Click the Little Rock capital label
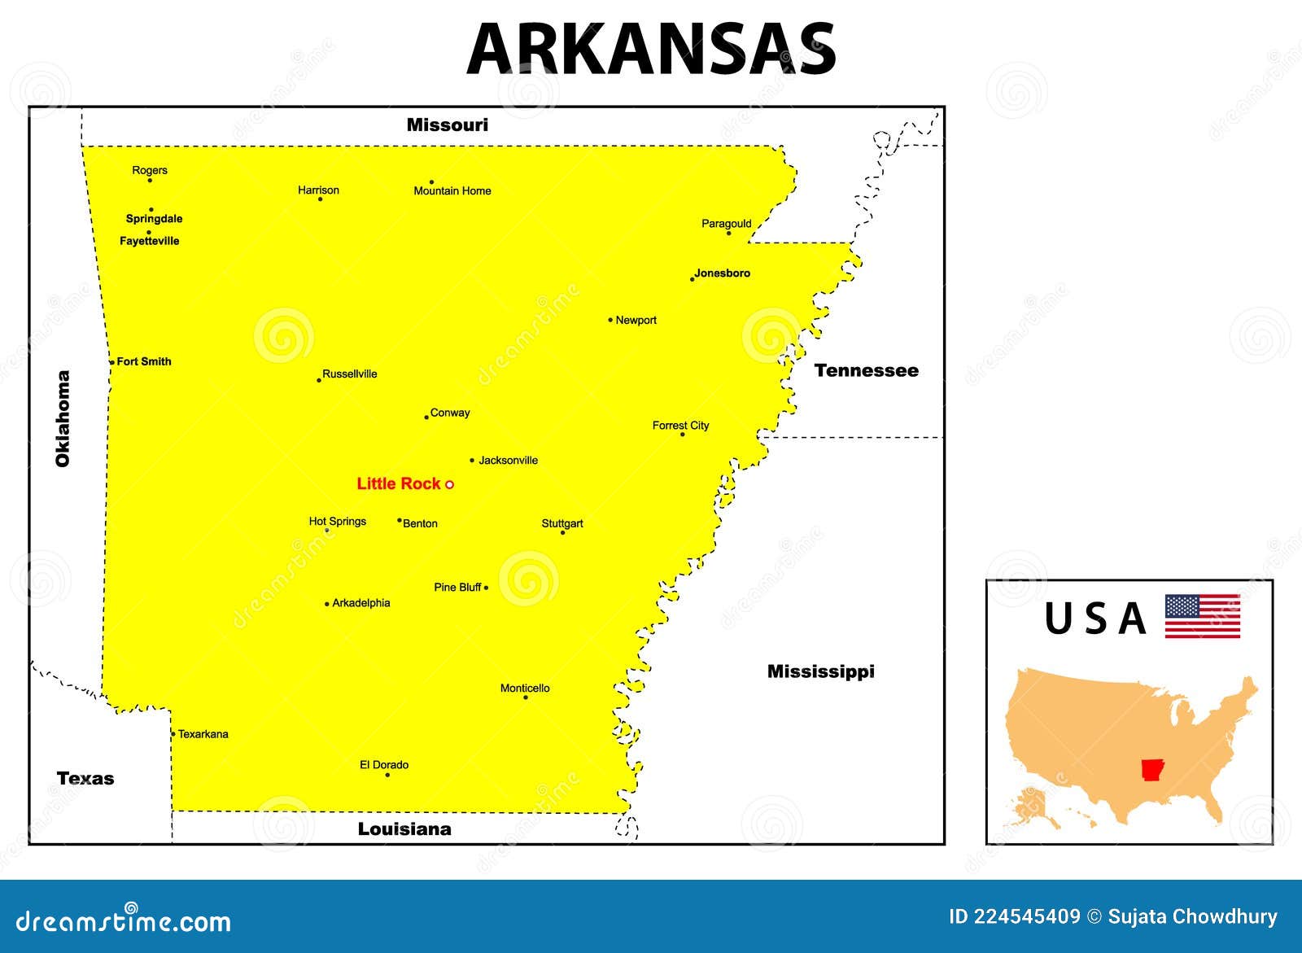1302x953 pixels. point(398,483)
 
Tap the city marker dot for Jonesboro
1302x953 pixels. point(693,279)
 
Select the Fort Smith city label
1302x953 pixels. point(144,361)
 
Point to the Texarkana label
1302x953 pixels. point(203,734)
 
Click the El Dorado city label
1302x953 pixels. point(384,764)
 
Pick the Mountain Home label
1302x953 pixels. point(452,191)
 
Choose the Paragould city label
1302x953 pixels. point(727,223)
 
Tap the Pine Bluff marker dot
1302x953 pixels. point(486,588)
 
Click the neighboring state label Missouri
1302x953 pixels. point(448,125)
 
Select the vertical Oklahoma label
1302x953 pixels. point(63,418)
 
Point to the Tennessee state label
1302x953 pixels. point(867,370)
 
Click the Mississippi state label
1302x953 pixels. point(821,671)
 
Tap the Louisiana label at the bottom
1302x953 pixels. point(404,828)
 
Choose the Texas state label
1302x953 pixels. point(85,778)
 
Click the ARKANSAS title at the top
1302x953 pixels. point(651,49)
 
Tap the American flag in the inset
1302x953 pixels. point(1203,616)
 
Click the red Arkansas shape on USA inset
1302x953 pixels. point(1152,770)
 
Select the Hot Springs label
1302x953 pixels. point(338,521)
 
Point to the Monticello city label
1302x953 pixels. point(525,688)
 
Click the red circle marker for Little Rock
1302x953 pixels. point(449,484)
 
